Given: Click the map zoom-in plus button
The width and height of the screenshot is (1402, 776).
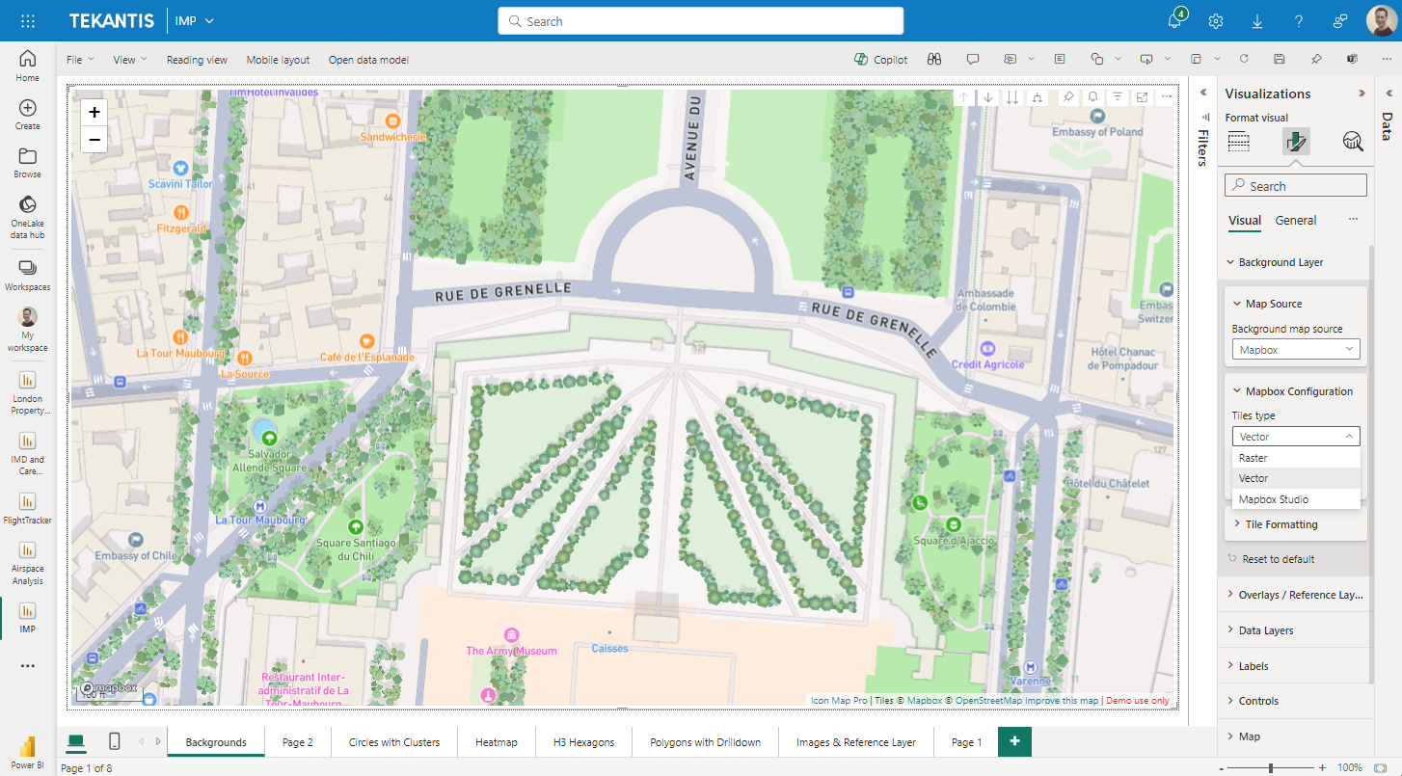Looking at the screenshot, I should coord(94,112).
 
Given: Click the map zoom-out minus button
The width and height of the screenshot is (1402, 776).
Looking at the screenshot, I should coord(94,140).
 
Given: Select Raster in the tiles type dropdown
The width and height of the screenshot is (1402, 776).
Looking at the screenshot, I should coord(1254,458).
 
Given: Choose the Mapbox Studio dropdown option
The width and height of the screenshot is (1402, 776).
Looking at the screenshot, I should coord(1274,499).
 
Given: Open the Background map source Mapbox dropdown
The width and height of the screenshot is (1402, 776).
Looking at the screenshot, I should coord(1295,350).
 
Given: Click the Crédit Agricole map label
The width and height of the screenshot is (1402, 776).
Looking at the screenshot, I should coord(986,364).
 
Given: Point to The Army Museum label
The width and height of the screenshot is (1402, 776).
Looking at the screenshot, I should coord(511,651).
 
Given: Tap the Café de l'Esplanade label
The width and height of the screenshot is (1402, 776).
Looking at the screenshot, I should coord(366,357).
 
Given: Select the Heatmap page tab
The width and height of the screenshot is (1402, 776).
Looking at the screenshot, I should coord(496,742).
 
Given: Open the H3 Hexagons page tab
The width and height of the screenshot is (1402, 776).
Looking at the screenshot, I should coord(583,742).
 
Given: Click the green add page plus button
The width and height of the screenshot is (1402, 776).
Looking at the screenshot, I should coord(1014,741).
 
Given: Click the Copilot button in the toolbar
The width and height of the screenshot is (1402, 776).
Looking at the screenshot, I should coord(880,60).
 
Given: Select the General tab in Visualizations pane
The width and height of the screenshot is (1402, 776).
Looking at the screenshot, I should coord(1295,221).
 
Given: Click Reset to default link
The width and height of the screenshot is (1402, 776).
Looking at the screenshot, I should coord(1278,559).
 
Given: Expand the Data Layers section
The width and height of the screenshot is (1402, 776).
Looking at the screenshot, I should coord(1265,630).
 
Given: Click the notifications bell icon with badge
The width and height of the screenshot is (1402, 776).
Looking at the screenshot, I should coord(1174,21).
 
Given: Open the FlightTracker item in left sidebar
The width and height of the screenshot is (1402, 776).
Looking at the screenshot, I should coord(27,509).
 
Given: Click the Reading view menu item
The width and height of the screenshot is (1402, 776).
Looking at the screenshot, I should coord(197,60).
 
